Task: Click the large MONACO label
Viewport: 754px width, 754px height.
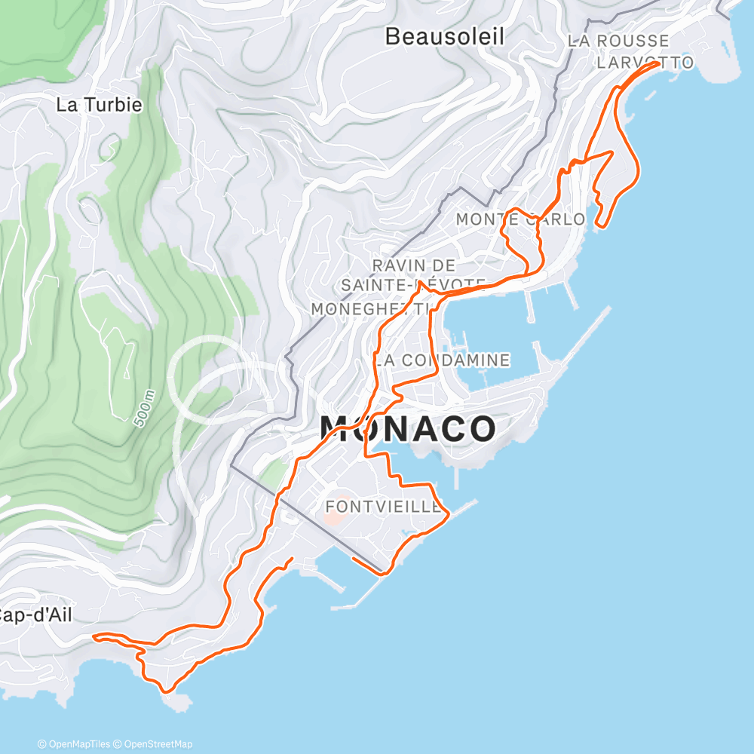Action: (x=408, y=429)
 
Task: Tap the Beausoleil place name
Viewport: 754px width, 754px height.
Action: (x=444, y=36)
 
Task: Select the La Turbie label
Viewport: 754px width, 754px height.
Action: (x=99, y=105)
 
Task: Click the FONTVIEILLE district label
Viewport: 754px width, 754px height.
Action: (x=382, y=506)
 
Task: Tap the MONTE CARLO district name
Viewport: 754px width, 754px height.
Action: (x=520, y=219)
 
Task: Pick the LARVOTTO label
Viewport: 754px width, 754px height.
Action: (x=644, y=62)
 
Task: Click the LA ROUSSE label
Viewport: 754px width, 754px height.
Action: (x=618, y=41)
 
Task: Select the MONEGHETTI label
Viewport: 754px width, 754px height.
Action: (x=371, y=309)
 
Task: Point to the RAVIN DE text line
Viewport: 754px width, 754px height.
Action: (x=413, y=265)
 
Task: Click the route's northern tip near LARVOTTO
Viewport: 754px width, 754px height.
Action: (x=659, y=64)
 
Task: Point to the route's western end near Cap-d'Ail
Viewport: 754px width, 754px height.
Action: (x=93, y=637)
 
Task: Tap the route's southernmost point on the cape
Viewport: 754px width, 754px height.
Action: (x=165, y=690)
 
